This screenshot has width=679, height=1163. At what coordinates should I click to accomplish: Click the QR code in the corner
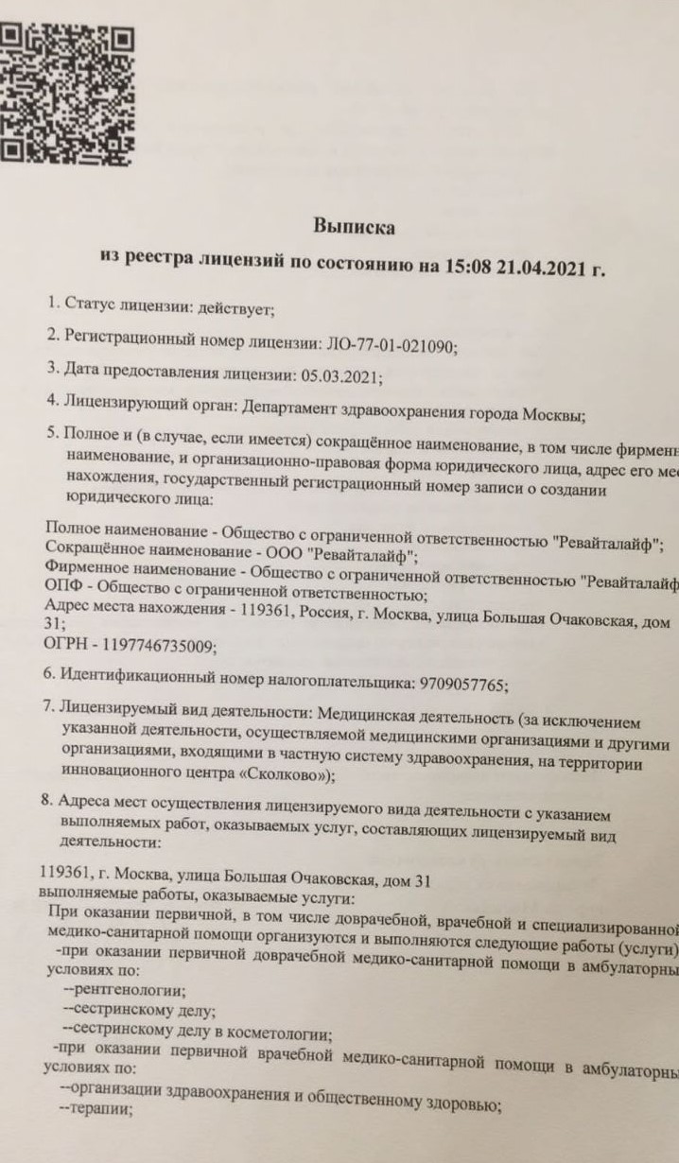(x=64, y=79)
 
